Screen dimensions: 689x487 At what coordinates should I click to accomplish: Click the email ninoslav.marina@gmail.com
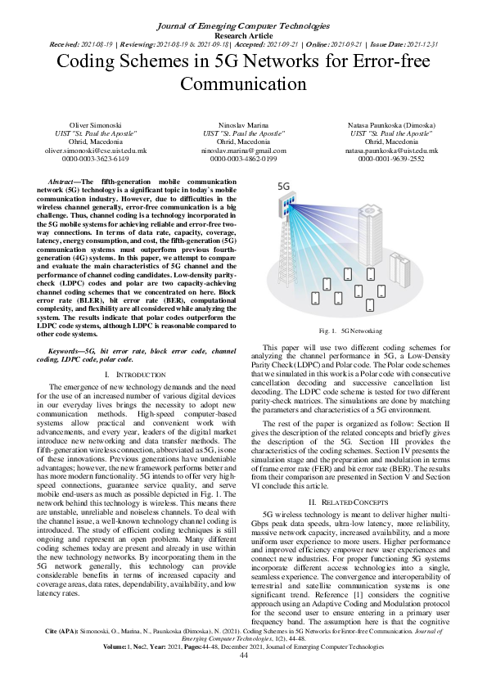tap(243, 151)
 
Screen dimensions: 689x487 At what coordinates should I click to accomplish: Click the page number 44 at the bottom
tap(243, 678)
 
